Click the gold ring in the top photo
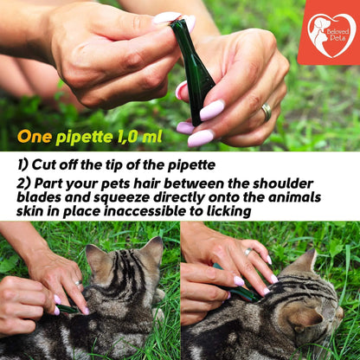click(267, 112)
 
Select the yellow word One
click(35, 137)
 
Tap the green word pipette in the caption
click(84, 138)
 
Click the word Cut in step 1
click(44, 164)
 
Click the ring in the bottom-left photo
click(78, 283)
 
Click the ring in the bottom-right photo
click(248, 252)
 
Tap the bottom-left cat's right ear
click(153, 250)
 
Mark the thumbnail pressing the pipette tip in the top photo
click(166, 17)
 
